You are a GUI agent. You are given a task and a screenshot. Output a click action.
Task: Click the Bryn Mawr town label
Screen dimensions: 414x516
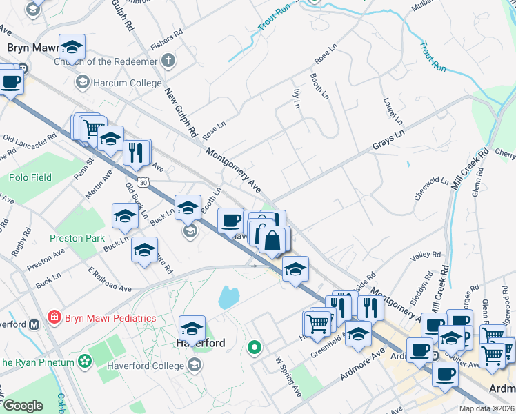click(28, 48)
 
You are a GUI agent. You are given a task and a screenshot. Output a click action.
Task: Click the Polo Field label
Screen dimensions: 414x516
click(30, 177)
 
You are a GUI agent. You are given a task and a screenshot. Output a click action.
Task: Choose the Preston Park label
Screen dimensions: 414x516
click(77, 238)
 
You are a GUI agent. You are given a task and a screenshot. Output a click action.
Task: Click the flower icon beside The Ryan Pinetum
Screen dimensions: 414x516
click(85, 361)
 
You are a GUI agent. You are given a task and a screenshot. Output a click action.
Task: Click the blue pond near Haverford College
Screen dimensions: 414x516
click(228, 297)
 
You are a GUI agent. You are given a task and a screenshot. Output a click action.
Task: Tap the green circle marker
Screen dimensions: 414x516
click(255, 347)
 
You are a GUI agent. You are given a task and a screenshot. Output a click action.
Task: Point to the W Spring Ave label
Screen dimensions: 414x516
click(289, 376)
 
